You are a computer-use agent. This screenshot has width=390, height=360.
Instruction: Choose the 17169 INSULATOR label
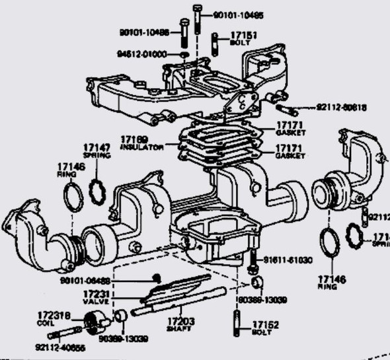(x=141, y=143)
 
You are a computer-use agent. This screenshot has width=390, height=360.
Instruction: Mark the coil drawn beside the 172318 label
(x=89, y=326)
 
